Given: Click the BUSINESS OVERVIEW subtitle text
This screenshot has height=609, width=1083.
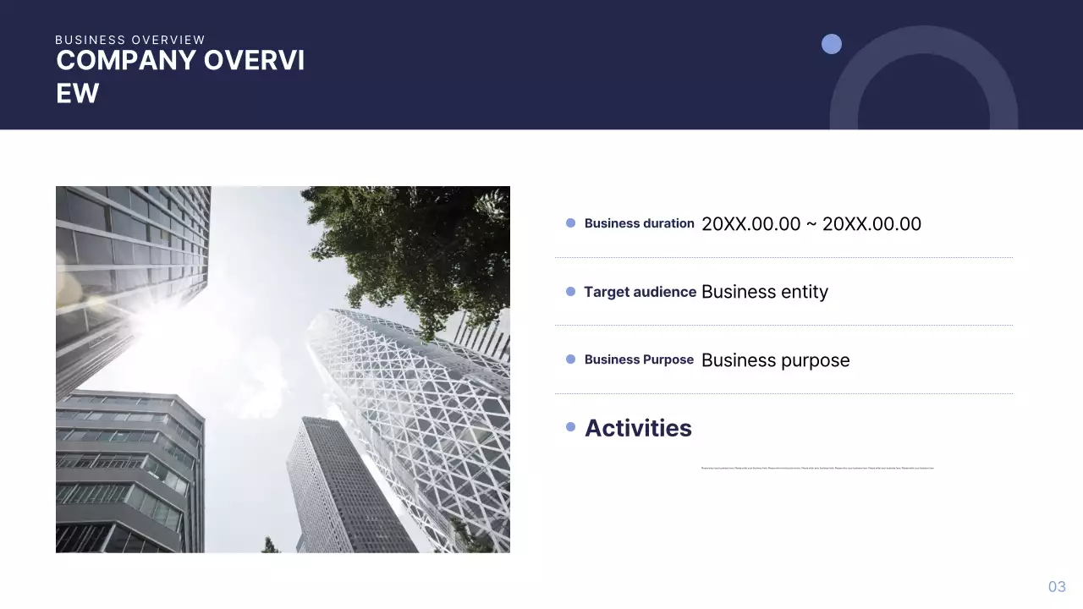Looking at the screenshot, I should pyautogui.click(x=130, y=40).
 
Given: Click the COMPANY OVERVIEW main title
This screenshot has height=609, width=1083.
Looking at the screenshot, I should pyautogui.click(x=180, y=76).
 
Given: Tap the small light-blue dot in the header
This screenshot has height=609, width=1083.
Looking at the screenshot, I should pyautogui.click(x=832, y=44).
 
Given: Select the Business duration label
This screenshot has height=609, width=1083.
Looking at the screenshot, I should pyautogui.click(x=639, y=223).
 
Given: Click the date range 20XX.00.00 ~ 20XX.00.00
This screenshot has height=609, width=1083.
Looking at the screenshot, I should pyautogui.click(x=811, y=224).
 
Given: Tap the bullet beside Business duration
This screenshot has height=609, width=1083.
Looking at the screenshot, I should pyautogui.click(x=570, y=223).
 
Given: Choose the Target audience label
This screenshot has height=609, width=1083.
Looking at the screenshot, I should pyautogui.click(x=640, y=292).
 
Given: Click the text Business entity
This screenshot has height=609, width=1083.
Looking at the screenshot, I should pyautogui.click(x=764, y=292).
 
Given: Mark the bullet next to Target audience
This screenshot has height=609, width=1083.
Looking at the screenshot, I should pyautogui.click(x=570, y=292).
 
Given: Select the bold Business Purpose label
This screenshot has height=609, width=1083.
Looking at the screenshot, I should pyautogui.click(x=639, y=359).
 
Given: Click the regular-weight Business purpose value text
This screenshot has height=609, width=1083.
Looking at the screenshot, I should pyautogui.click(x=775, y=360).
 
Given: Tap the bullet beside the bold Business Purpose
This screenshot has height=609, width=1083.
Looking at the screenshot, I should pyautogui.click(x=570, y=359).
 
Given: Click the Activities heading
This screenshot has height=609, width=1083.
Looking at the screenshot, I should pyautogui.click(x=638, y=428).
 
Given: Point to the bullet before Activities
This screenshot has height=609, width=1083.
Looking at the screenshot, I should pyautogui.click(x=570, y=427).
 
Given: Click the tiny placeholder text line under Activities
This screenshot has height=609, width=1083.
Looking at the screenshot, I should pyautogui.click(x=817, y=468).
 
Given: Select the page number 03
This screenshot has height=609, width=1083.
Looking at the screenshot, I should pyautogui.click(x=1057, y=587).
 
